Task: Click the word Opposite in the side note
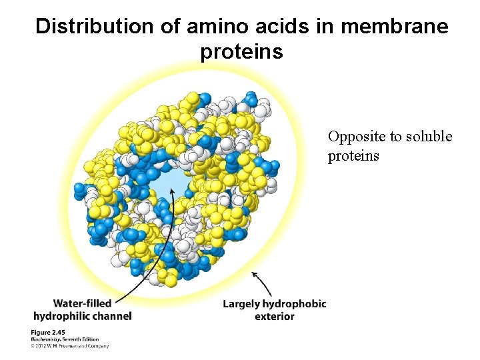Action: (357, 137)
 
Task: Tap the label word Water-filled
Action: (82, 303)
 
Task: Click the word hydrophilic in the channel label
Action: (63, 315)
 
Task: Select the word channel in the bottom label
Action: (113, 315)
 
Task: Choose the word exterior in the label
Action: (274, 316)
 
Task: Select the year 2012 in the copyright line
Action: (42, 345)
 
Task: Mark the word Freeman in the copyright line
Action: (69, 345)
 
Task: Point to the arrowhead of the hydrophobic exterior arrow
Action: (255, 273)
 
